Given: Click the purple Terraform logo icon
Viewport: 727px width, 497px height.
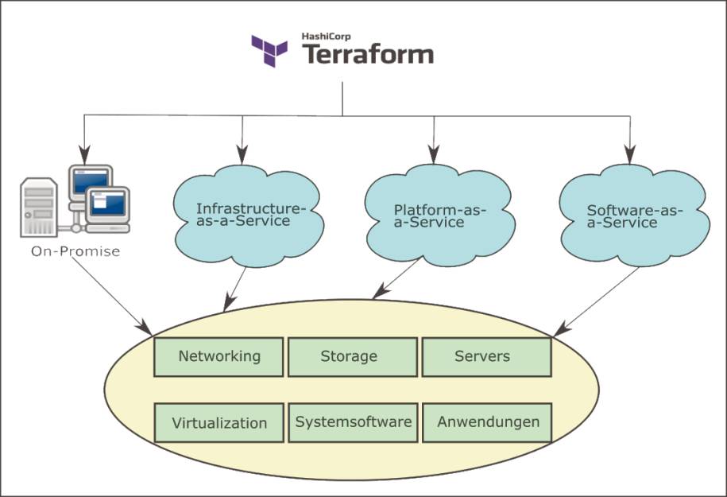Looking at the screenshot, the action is pyautogui.click(x=269, y=51).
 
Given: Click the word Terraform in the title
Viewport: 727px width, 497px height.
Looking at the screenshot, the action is pyautogui.click(x=368, y=54).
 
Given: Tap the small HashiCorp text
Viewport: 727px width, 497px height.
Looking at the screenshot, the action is pyautogui.click(x=326, y=37).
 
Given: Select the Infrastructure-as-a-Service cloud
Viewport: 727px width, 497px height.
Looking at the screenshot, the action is pyautogui.click(x=249, y=215).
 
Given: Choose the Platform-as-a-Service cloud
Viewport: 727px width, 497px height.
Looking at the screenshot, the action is pyautogui.click(x=439, y=215).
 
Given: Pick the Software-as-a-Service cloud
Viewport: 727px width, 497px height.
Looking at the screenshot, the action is pyautogui.click(x=634, y=215).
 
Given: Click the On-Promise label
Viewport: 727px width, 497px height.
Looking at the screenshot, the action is pyautogui.click(x=75, y=251).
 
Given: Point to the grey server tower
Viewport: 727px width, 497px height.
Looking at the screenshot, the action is pyautogui.click(x=39, y=207).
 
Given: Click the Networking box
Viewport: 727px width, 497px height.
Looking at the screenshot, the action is pyautogui.click(x=218, y=357).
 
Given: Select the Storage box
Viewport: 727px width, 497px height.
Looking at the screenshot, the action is pyautogui.click(x=353, y=357).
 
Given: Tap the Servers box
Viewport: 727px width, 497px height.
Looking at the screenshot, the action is pyautogui.click(x=487, y=357).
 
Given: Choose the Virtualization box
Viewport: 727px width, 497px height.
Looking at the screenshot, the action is pyautogui.click(x=218, y=423).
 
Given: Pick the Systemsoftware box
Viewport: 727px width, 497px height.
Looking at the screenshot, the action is pyautogui.click(x=353, y=423).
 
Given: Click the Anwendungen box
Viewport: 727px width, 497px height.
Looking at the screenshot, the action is pyautogui.click(x=487, y=423).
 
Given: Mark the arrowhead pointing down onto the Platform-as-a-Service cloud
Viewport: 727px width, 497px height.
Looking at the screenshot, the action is pyautogui.click(x=434, y=154).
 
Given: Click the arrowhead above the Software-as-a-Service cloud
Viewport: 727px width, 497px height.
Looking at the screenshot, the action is pyautogui.click(x=629, y=154).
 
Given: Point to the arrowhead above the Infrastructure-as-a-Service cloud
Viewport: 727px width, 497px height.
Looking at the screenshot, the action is pyautogui.click(x=242, y=154).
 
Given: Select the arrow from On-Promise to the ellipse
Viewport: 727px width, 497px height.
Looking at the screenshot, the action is pyautogui.click(x=112, y=296).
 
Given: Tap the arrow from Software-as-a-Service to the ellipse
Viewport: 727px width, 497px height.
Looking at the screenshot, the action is pyautogui.click(x=596, y=301).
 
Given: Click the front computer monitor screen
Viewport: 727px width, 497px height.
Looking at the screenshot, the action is pyautogui.click(x=107, y=204).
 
